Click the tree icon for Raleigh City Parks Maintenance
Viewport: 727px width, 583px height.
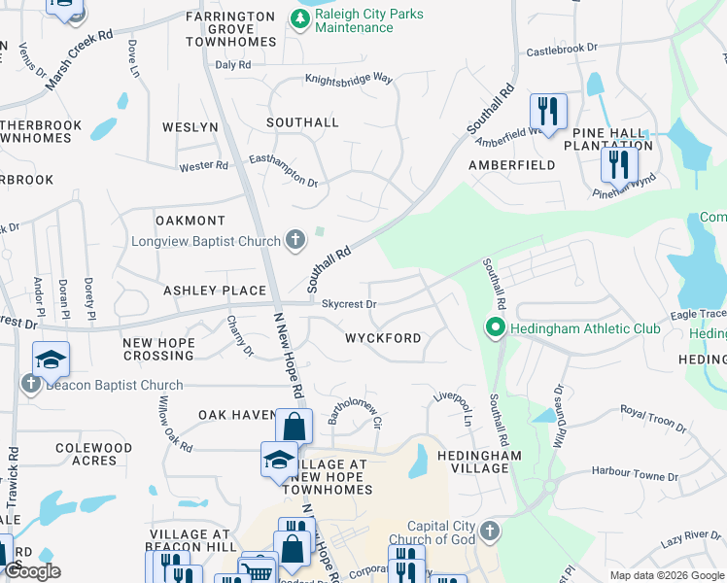(299, 18)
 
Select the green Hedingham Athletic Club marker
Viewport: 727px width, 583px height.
(494, 328)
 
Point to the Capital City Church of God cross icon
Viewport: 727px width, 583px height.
(490, 532)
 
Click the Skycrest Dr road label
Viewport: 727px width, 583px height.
(349, 304)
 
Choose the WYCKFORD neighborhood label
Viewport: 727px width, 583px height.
(383, 338)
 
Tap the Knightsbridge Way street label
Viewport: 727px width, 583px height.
(348, 78)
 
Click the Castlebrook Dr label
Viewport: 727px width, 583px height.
(561, 49)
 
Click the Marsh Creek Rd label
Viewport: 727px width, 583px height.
(79, 62)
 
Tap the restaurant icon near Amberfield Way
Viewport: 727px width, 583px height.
(548, 110)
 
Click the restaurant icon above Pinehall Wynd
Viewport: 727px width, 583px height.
(618, 162)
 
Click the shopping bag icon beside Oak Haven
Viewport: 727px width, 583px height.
(294, 426)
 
